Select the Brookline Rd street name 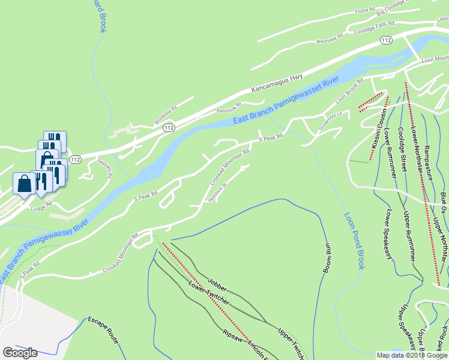click(166, 115)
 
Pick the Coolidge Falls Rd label click(373, 28)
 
